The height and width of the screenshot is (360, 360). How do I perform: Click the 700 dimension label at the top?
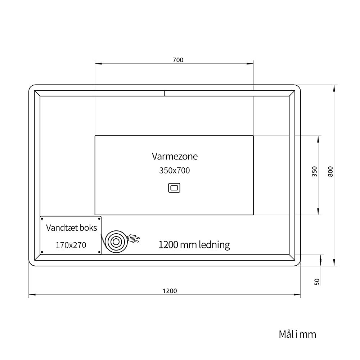tap(178, 60)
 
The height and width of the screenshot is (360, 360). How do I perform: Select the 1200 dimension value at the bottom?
tap(170, 291)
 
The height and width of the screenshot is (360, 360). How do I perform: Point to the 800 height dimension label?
tap(330, 171)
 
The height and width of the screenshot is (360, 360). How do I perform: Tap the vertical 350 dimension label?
tap(314, 171)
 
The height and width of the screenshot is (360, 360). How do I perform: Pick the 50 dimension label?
tap(317, 282)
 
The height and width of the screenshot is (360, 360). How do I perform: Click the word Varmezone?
tap(175, 156)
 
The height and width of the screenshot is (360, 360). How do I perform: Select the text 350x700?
tap(175, 171)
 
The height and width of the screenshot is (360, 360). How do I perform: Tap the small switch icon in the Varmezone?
tap(174, 188)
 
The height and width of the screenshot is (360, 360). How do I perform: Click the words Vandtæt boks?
tap(71, 228)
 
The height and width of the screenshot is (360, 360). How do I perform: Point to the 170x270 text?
tap(71, 245)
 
